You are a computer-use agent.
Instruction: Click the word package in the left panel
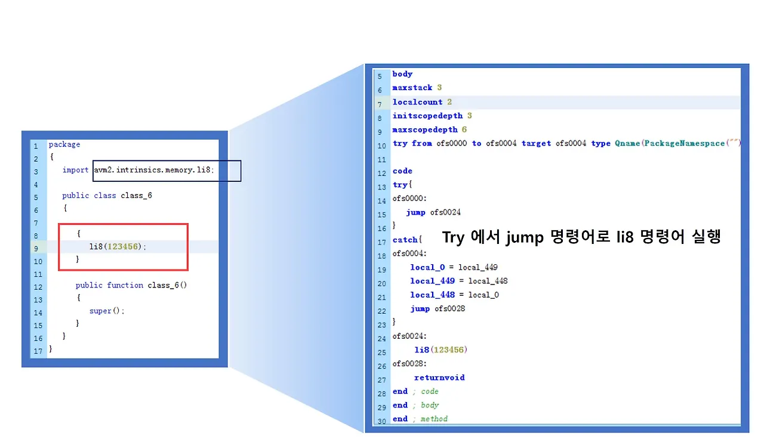(64, 144)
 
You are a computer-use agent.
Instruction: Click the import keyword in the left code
(75, 170)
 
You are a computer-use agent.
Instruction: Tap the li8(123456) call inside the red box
(118, 246)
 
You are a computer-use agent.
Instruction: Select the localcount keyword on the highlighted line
(417, 102)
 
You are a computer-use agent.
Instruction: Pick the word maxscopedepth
(425, 129)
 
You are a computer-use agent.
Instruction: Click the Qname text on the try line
(627, 143)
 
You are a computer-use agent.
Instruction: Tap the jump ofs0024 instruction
(433, 212)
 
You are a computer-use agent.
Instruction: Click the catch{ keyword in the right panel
(407, 240)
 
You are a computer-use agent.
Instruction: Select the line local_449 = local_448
(458, 281)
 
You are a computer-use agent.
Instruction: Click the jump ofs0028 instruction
(438, 308)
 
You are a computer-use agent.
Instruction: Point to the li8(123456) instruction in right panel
(440, 350)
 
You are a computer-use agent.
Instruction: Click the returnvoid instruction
(439, 378)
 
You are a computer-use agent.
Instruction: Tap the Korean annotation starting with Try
(581, 237)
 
